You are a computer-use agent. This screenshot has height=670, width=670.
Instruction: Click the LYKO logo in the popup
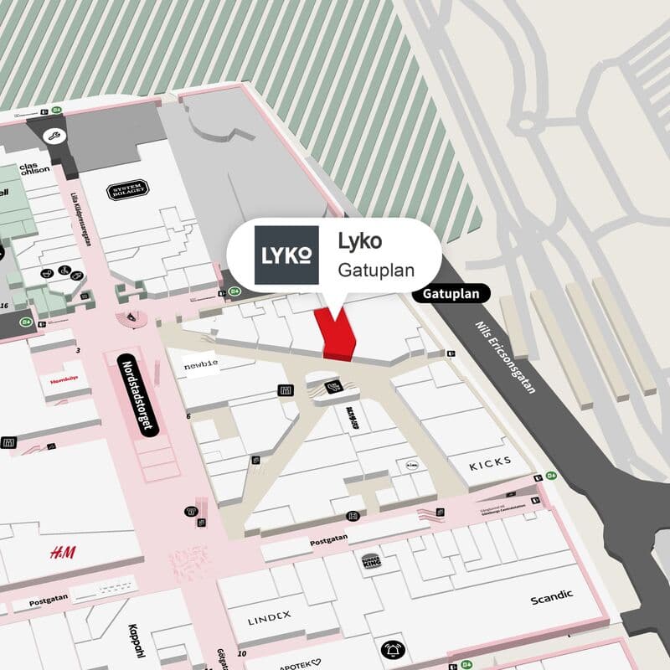(286, 255)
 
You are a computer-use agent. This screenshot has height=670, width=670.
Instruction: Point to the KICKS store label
(489, 463)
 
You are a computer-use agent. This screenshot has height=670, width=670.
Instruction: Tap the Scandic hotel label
(552, 597)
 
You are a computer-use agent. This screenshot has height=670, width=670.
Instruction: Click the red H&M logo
(62, 553)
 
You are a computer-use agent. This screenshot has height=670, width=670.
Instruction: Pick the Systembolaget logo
(128, 191)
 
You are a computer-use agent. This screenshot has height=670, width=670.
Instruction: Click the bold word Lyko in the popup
(359, 241)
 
